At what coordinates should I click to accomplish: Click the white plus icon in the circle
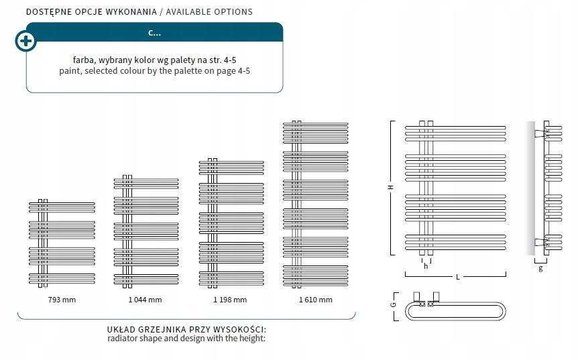(25, 41)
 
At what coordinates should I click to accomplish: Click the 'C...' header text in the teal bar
(154, 32)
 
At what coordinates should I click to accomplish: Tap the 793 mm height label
(61, 300)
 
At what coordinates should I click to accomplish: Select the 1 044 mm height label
(145, 300)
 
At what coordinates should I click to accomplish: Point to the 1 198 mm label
(230, 300)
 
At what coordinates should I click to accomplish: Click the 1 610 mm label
(315, 300)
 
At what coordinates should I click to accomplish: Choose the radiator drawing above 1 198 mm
(230, 225)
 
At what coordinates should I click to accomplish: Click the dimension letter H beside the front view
(390, 188)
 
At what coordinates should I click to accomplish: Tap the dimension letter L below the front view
(457, 276)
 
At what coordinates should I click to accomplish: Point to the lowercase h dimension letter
(426, 266)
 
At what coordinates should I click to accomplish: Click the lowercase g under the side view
(540, 268)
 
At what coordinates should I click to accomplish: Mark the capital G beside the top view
(394, 304)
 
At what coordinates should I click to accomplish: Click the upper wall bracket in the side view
(539, 134)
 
